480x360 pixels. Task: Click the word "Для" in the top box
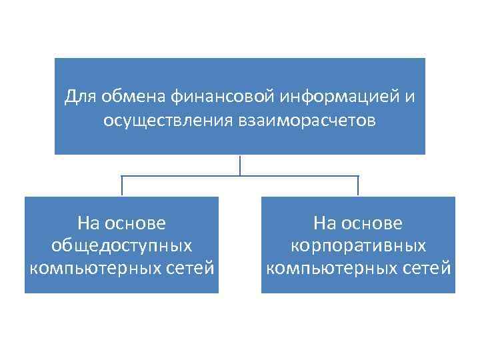click(x=81, y=97)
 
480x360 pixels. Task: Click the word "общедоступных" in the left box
click(x=121, y=245)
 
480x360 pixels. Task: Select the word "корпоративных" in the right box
click(x=358, y=245)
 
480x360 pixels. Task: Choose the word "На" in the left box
click(x=87, y=222)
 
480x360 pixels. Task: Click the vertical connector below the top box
click(x=240, y=165)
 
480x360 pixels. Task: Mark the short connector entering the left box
click(x=121, y=186)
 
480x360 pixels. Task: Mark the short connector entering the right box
click(x=358, y=186)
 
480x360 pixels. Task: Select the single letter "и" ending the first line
click(x=409, y=97)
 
